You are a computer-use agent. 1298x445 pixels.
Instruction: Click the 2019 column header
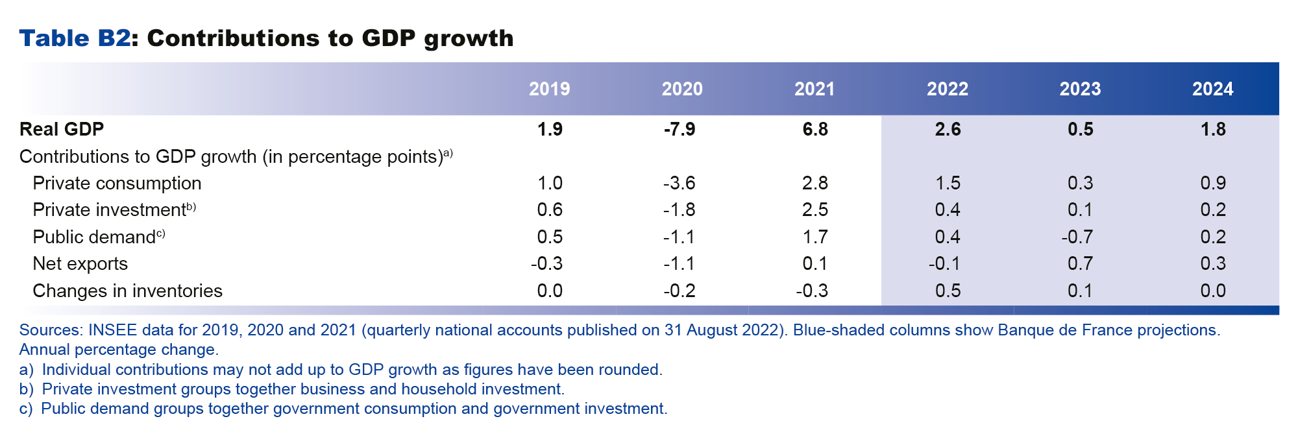(x=549, y=89)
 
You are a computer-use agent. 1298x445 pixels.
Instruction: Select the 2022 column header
(x=947, y=89)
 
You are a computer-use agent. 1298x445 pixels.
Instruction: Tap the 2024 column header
(x=1212, y=89)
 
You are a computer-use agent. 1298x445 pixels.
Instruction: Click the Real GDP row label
(x=62, y=129)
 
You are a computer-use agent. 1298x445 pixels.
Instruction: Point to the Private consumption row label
(x=117, y=184)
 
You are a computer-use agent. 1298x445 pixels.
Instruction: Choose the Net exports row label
(x=80, y=264)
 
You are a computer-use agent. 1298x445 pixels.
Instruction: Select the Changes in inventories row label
(x=127, y=291)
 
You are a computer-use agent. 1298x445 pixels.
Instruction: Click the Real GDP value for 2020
(x=679, y=129)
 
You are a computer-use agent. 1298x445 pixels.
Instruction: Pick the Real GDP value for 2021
(x=814, y=129)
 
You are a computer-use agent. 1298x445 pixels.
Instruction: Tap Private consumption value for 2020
(x=679, y=184)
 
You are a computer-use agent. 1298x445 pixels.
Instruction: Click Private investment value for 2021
(x=814, y=210)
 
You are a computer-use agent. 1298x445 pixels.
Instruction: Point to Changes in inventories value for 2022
(x=948, y=291)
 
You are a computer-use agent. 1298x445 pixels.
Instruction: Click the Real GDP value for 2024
(x=1212, y=129)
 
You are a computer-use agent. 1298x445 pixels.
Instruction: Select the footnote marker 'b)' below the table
(x=26, y=389)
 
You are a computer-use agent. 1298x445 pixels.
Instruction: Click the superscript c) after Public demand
(x=160, y=234)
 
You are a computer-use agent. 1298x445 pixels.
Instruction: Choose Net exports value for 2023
(x=1080, y=264)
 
